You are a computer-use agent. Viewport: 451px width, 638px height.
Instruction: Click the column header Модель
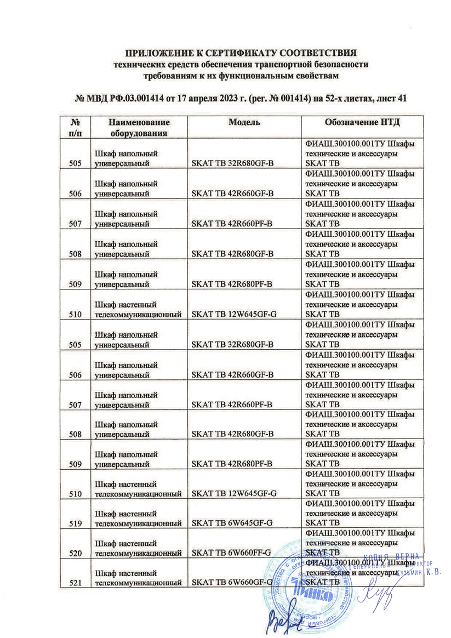[x=244, y=122]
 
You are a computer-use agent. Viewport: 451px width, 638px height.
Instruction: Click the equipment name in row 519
[x=138, y=519]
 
